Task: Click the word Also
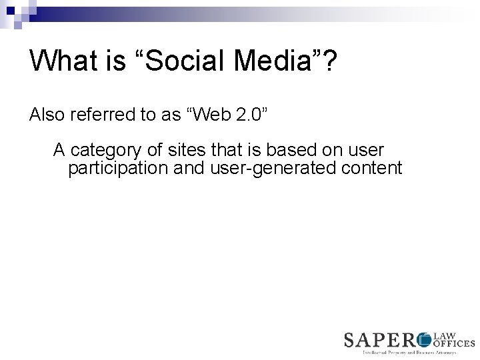pos(47,115)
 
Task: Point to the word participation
pos(117,168)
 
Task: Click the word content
pos(371,168)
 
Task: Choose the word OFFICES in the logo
pos(454,343)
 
